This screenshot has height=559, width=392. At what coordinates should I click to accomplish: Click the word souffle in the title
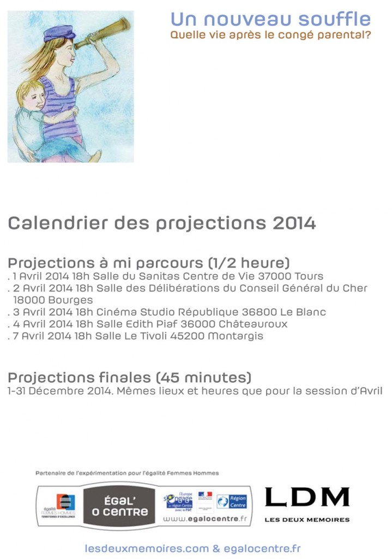coord(338,20)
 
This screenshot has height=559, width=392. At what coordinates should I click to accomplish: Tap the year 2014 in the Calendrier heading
coord(294,223)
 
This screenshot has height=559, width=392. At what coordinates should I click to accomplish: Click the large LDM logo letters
coord(306,497)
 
